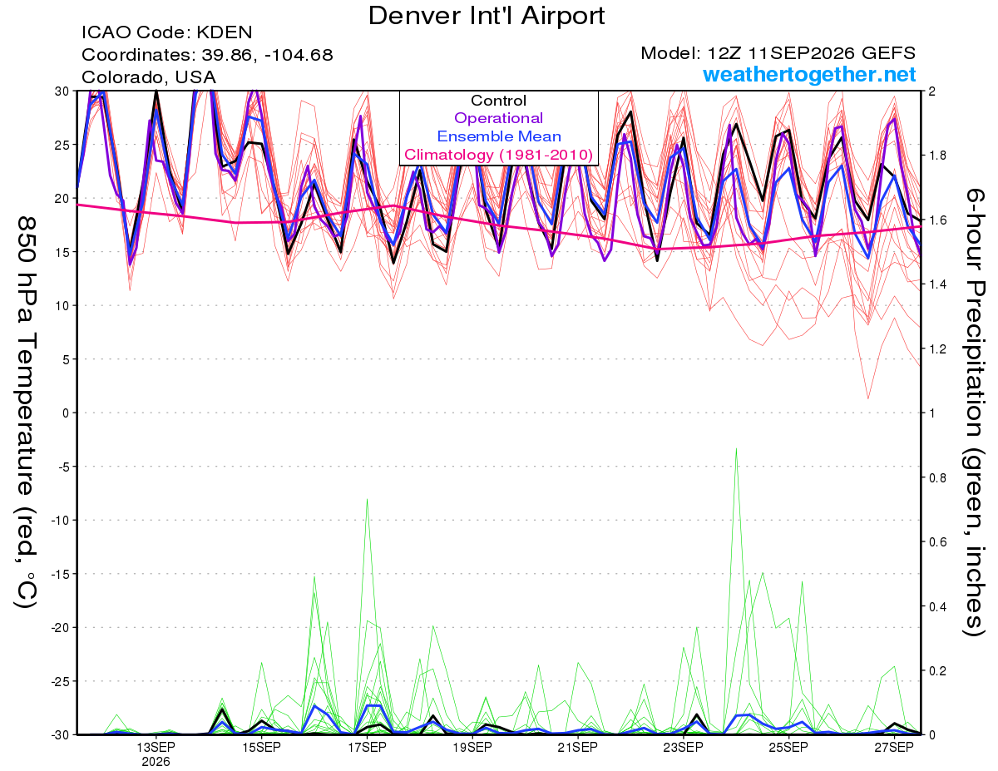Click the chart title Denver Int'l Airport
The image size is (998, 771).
tap(487, 16)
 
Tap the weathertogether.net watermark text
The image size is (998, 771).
tap(809, 74)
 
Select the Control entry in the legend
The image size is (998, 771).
tap(498, 101)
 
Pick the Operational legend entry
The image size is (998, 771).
tap(498, 118)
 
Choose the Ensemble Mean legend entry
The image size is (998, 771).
tap(499, 136)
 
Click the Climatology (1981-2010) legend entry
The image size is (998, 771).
tap(498, 155)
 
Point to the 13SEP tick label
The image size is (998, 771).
tap(156, 747)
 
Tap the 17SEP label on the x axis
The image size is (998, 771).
tap(367, 747)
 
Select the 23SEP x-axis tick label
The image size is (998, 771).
tap(683, 747)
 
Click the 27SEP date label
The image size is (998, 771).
tap(894, 747)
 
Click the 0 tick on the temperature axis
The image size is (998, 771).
tap(66, 413)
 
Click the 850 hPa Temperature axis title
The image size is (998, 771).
tap(26, 413)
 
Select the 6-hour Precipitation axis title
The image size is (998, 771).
tap(974, 413)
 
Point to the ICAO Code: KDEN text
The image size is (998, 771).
tap(166, 32)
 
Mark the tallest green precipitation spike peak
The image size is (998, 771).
tap(736, 448)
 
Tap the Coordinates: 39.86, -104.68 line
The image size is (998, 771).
tap(207, 55)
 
